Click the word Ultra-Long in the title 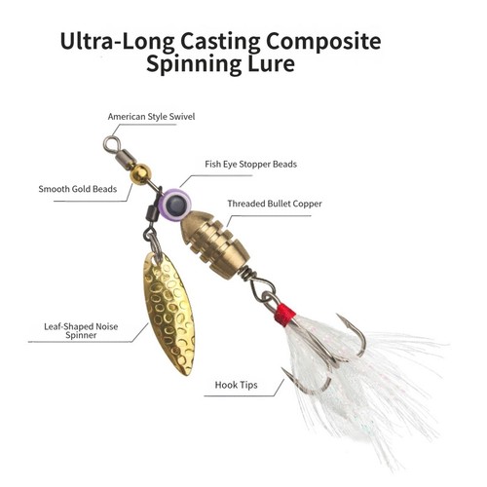(x=117, y=42)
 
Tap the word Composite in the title (x=323, y=42)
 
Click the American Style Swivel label (x=151, y=117)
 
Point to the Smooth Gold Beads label (x=78, y=189)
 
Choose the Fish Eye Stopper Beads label (x=250, y=165)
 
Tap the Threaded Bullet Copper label (x=275, y=204)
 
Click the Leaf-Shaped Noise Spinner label (x=81, y=331)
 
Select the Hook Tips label (x=236, y=385)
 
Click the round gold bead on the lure (x=140, y=174)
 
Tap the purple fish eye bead (x=176, y=204)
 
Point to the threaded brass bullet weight (x=214, y=244)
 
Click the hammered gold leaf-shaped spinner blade (x=169, y=314)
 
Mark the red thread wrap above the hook (x=285, y=315)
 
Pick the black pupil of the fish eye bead (x=176, y=204)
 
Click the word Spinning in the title (x=194, y=63)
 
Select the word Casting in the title (x=220, y=43)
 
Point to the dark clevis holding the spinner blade (x=154, y=213)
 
